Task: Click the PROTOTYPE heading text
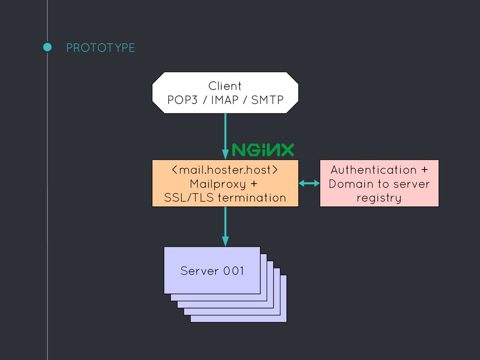point(100,48)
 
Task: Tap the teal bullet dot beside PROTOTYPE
point(47,47)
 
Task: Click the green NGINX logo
point(263,150)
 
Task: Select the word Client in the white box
point(225,86)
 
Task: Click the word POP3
point(182,100)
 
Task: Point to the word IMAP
point(225,100)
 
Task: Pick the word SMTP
point(267,100)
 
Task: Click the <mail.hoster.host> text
point(225,170)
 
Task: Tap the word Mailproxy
point(217,184)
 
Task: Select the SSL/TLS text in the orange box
point(189,198)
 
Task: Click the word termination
point(252,198)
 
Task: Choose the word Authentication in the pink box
point(374,170)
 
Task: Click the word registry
point(379,198)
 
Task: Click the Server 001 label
point(212,271)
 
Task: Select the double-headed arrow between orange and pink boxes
point(309,183)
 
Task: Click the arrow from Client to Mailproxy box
point(225,136)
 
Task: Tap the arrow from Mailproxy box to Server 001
point(225,226)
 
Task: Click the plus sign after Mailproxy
point(254,184)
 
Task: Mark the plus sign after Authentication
point(424,170)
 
